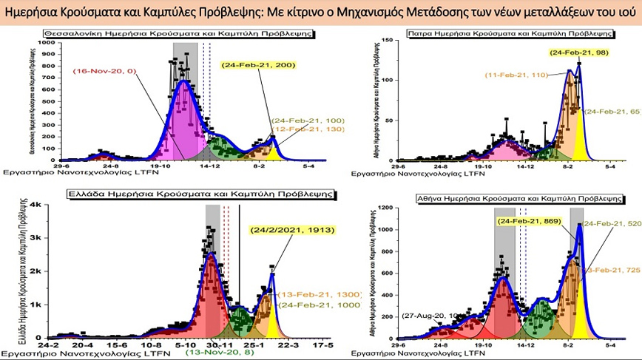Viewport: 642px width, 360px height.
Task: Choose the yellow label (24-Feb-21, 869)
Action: tap(529, 222)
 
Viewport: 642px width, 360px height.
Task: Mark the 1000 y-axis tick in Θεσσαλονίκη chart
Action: tap(49, 43)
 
